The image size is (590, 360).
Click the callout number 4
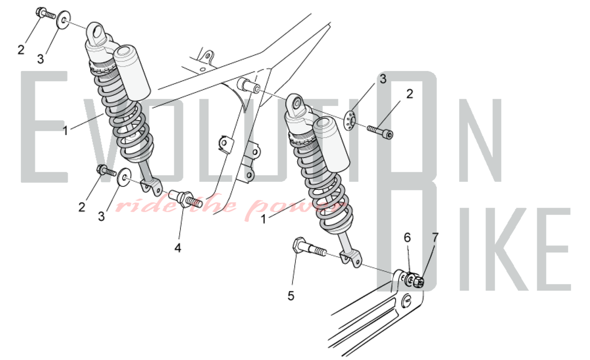[178, 248]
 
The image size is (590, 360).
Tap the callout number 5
[291, 296]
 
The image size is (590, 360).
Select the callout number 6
[407, 237]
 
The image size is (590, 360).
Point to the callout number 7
[435, 237]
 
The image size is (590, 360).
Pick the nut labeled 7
[418, 282]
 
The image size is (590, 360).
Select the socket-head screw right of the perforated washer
[380, 132]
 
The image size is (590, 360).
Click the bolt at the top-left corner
[46, 13]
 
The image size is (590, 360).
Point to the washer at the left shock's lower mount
[124, 177]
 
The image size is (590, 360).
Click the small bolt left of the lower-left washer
[106, 170]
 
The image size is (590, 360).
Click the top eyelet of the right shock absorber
[296, 104]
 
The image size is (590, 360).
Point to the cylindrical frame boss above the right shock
[249, 85]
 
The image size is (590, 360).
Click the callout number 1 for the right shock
[263, 219]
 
